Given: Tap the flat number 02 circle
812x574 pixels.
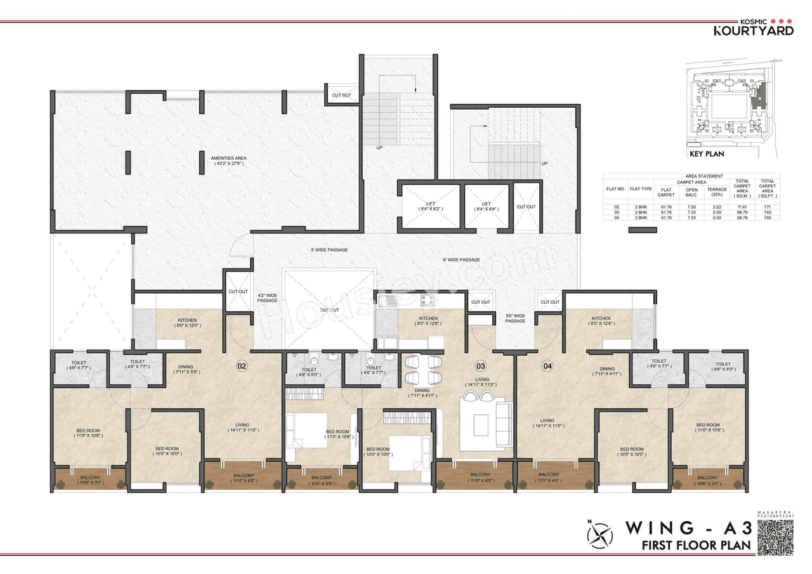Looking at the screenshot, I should (x=242, y=365).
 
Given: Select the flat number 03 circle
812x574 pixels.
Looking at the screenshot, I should (x=480, y=365).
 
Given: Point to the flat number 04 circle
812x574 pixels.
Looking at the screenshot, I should (x=548, y=365).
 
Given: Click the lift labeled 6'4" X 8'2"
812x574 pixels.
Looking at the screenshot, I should (x=429, y=206).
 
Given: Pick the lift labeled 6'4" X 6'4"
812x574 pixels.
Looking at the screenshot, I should (x=487, y=206).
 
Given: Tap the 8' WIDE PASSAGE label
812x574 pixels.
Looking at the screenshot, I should (x=461, y=259).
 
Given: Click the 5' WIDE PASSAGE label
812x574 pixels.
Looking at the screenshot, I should (x=329, y=250).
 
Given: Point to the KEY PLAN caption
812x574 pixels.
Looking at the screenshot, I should (x=706, y=153).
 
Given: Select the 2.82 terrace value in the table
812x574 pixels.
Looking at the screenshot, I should (x=717, y=207).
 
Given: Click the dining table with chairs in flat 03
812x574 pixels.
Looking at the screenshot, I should (x=424, y=369).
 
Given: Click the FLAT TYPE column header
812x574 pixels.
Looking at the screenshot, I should (x=641, y=188).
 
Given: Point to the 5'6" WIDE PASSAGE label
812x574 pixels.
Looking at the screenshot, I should (x=515, y=318).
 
